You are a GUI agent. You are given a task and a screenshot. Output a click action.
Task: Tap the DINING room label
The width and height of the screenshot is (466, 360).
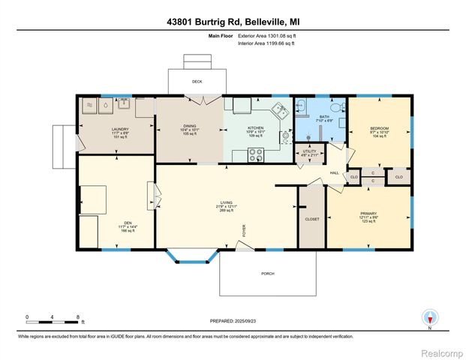[x=188, y=128]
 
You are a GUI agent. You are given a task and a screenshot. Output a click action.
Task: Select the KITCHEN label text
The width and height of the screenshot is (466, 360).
[x=257, y=128]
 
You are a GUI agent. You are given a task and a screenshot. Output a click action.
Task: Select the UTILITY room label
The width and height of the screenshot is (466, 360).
[x=309, y=151]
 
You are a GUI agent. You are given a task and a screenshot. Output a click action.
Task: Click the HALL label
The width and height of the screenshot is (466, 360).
[x=335, y=173]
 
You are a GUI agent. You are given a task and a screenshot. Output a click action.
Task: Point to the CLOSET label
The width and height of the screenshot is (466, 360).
[x=312, y=220]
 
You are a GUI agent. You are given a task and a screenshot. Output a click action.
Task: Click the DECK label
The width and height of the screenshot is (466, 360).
[x=197, y=81]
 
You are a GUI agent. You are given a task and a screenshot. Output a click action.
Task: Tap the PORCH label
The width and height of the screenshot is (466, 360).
[x=267, y=274]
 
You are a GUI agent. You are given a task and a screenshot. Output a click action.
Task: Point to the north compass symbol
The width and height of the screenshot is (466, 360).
[x=430, y=318]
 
